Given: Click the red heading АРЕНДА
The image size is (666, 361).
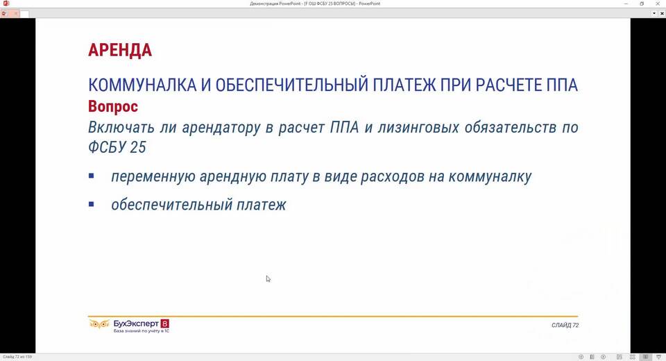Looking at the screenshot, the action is pyautogui.click(x=120, y=50).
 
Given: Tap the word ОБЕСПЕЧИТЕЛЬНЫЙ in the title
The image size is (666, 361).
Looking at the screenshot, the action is pyautogui.click(x=292, y=85).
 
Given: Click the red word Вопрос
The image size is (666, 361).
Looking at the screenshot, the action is pyautogui.click(x=113, y=106).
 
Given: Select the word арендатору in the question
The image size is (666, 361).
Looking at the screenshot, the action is pyautogui.click(x=221, y=128).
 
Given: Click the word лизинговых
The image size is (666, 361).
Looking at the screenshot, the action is pyautogui.click(x=418, y=128).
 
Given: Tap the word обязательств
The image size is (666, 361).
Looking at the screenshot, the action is pyautogui.click(x=510, y=128).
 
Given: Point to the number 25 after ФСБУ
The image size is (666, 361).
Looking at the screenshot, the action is pyautogui.click(x=138, y=147).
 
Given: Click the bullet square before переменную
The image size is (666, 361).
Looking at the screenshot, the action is pyautogui.click(x=92, y=176).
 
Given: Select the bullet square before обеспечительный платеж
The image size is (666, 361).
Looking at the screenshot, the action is pyautogui.click(x=92, y=204).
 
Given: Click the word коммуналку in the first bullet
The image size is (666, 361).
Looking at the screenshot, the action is pyautogui.click(x=490, y=176).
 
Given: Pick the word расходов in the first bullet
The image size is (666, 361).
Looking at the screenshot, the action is pyautogui.click(x=393, y=176).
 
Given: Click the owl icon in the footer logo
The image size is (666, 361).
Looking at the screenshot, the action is pyautogui.click(x=99, y=324).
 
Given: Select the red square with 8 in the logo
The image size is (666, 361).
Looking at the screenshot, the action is pyautogui.click(x=165, y=324).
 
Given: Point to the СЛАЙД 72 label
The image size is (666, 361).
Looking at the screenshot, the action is pyautogui.click(x=565, y=326).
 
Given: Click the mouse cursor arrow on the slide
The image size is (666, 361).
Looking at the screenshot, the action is pyautogui.click(x=268, y=279).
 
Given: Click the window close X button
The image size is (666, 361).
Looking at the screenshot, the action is pyautogui.click(x=658, y=3).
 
